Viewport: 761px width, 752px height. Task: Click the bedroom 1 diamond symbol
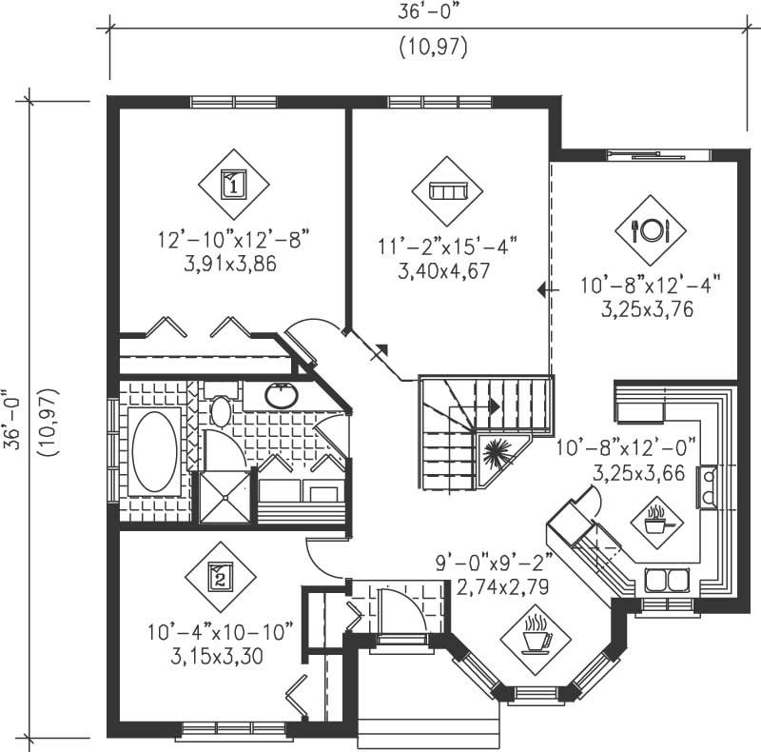coord(233,184)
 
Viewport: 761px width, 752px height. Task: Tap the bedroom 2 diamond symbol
coord(220,576)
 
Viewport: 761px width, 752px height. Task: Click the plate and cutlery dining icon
coord(650,229)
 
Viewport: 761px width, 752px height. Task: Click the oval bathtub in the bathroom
coord(154,451)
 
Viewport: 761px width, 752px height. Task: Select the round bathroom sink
coord(282,395)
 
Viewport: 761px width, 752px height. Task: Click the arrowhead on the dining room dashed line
coord(541,289)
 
